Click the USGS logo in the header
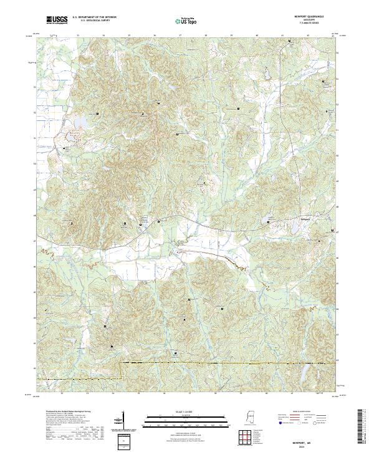(55, 21)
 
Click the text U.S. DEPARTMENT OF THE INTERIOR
(94, 17)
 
